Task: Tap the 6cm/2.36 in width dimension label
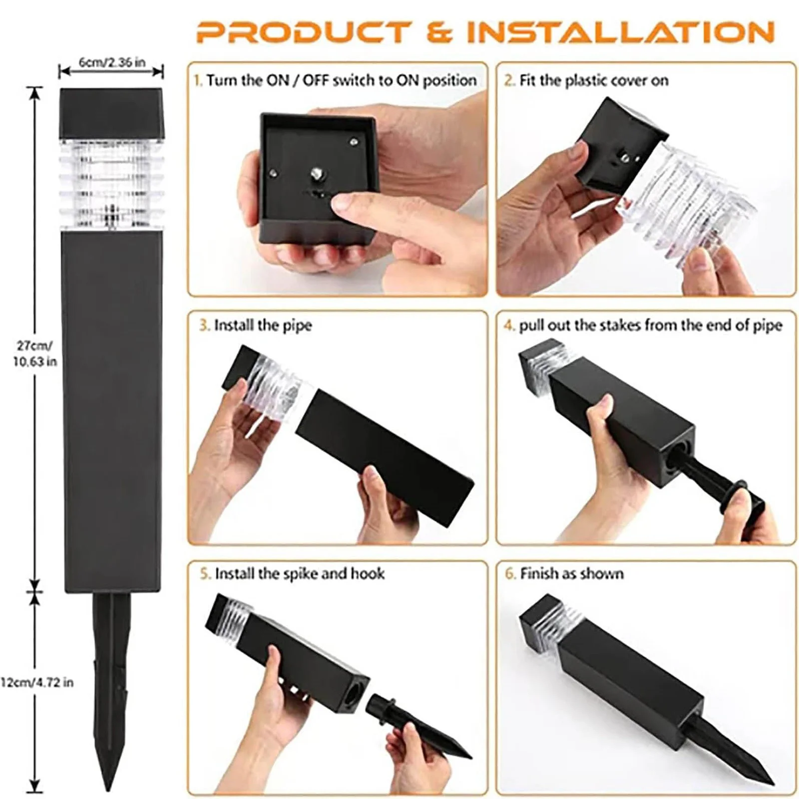112,62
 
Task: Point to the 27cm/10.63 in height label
34,354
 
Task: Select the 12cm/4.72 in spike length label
37,682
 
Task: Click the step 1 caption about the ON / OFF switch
336,81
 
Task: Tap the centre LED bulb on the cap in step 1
316,174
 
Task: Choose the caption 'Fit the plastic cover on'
587,81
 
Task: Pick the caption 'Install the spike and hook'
293,573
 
